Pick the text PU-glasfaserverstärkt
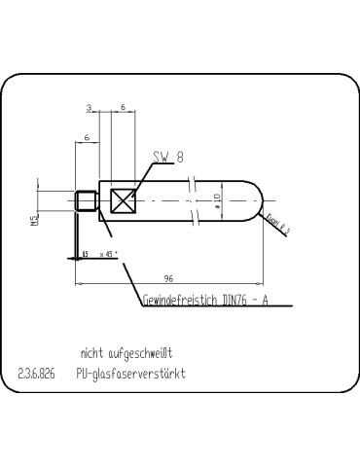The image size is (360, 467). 131,374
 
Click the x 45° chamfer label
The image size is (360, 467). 109,254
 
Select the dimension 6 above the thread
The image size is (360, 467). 87,139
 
